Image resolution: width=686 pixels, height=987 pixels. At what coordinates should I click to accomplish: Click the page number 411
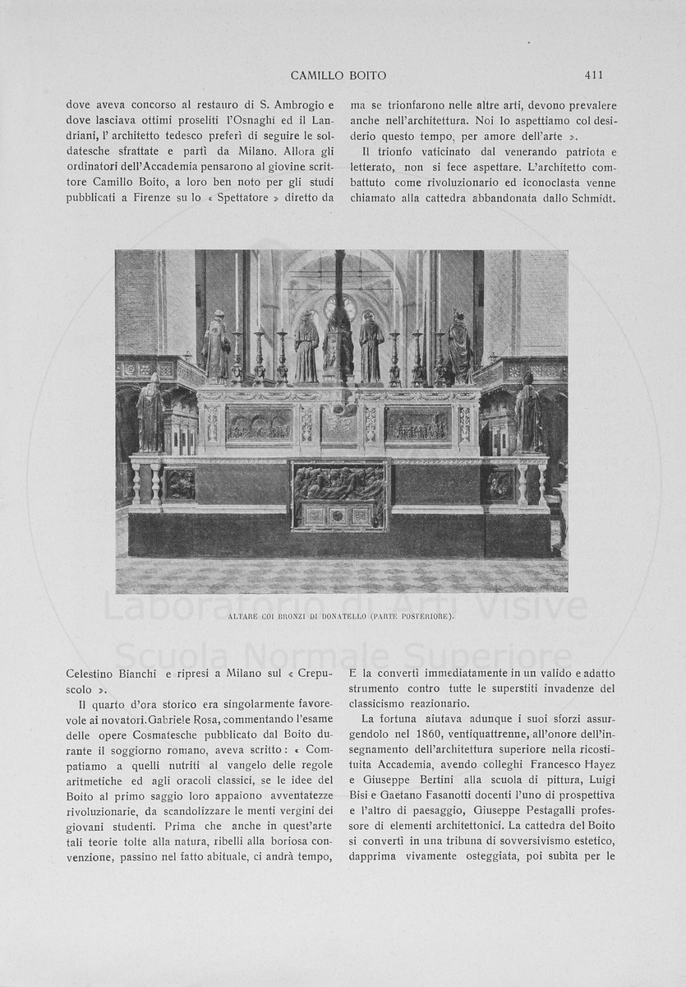[594, 75]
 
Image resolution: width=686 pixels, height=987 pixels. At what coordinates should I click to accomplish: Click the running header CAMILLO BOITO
[338, 75]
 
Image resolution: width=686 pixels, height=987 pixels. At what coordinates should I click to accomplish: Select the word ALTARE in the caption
[245, 615]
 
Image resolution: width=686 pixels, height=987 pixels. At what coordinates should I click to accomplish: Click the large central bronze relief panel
[338, 484]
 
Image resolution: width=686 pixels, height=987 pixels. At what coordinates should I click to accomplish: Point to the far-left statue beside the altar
[150, 413]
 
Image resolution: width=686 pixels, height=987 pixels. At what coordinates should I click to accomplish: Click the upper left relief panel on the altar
[259, 425]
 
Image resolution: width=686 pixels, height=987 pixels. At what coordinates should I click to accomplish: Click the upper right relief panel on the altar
[418, 425]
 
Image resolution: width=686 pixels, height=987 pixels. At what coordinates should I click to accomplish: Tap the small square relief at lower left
[179, 484]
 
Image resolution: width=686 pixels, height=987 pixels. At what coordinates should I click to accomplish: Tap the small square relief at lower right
[500, 484]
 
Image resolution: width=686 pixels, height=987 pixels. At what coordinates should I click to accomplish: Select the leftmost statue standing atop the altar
[217, 347]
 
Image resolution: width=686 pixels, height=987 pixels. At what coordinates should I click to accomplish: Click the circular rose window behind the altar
[338, 307]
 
